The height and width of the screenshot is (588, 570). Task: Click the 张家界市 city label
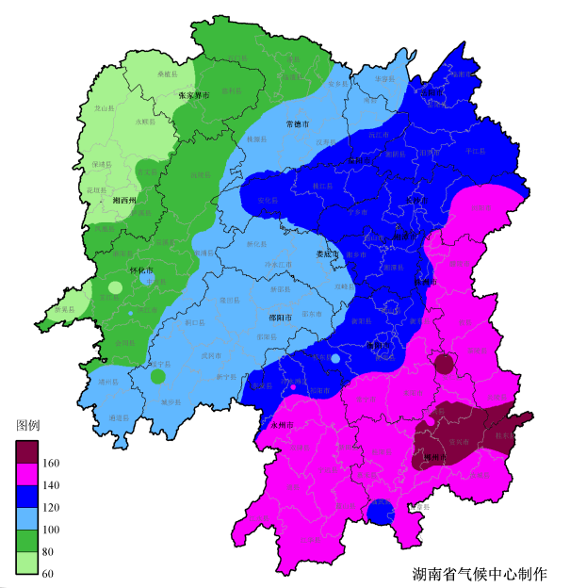pyautogui.click(x=193, y=95)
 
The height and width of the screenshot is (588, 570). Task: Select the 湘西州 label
pyautogui.click(x=124, y=201)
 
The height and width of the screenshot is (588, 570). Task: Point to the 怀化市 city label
pyautogui.click(x=142, y=270)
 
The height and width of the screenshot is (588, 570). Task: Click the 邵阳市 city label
pyautogui.click(x=282, y=318)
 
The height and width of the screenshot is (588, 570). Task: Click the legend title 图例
pyautogui.click(x=28, y=425)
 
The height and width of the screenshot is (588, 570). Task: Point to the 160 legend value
pyautogui.click(x=51, y=464)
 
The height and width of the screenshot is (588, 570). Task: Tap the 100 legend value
pyautogui.click(x=51, y=531)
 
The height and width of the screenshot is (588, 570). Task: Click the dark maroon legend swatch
pyautogui.click(x=27, y=451)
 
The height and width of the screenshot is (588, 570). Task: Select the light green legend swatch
pyautogui.click(x=27, y=563)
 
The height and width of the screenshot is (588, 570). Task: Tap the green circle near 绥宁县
pyautogui.click(x=157, y=377)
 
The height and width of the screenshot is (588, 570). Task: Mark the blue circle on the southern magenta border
pyautogui.click(x=380, y=513)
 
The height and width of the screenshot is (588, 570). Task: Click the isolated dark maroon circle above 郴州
pyautogui.click(x=444, y=365)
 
